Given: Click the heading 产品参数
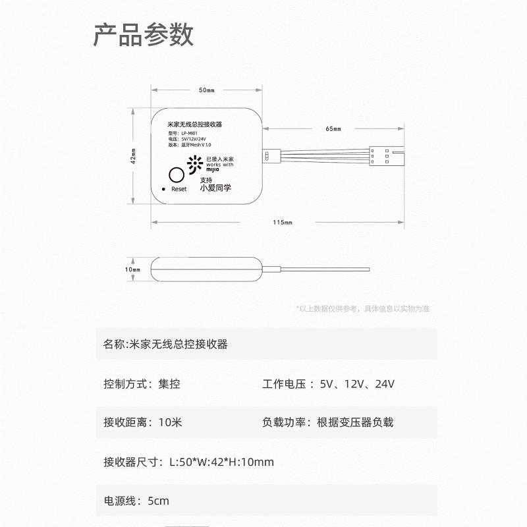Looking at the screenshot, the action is pos(144,35).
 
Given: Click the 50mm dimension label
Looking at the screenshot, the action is pos(206,90).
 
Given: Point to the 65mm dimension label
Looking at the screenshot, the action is pos(334,128).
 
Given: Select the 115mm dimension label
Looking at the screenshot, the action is pos(283,222).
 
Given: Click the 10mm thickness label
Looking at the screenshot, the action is pos(132,269).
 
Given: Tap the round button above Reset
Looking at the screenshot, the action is pos(176,175).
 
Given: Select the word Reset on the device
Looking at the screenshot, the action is pos(179,189).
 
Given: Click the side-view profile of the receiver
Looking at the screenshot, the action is pos(207,269).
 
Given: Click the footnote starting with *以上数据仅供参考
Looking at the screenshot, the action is pos(362,308).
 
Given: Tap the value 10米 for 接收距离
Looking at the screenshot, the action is pos(170,422).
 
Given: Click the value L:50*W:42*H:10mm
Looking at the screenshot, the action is pos(221,462).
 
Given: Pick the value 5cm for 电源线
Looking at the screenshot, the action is pos(158,501).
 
